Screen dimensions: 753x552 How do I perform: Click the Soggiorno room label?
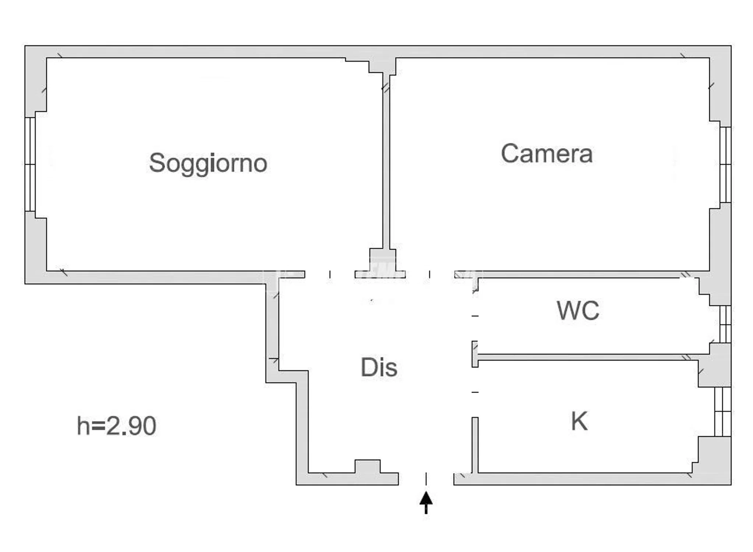(x=208, y=163)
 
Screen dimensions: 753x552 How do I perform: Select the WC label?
(x=578, y=311)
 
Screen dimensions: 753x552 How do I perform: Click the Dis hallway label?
(x=379, y=367)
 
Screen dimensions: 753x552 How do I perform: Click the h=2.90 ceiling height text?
(x=116, y=426)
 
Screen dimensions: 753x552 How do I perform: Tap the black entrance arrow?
(x=426, y=502)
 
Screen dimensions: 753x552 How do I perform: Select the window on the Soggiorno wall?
(x=30, y=164)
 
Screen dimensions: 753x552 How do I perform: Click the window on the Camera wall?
(x=725, y=164)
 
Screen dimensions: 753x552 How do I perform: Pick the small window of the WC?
(x=725, y=324)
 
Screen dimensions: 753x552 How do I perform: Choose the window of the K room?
(x=723, y=411)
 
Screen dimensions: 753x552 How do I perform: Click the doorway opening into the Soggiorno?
(x=330, y=275)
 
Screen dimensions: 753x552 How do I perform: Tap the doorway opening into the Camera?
(x=430, y=275)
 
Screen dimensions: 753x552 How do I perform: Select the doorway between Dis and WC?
(x=475, y=316)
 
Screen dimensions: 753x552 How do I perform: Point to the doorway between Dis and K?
(x=475, y=392)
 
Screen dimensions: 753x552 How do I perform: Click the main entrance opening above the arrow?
(x=426, y=479)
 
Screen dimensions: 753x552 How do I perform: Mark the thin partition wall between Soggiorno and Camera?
(x=386, y=162)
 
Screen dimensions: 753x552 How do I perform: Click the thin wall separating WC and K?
(x=594, y=357)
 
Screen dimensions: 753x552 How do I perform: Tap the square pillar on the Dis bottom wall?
(x=367, y=466)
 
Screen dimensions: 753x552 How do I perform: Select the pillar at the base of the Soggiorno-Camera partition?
(x=383, y=260)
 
